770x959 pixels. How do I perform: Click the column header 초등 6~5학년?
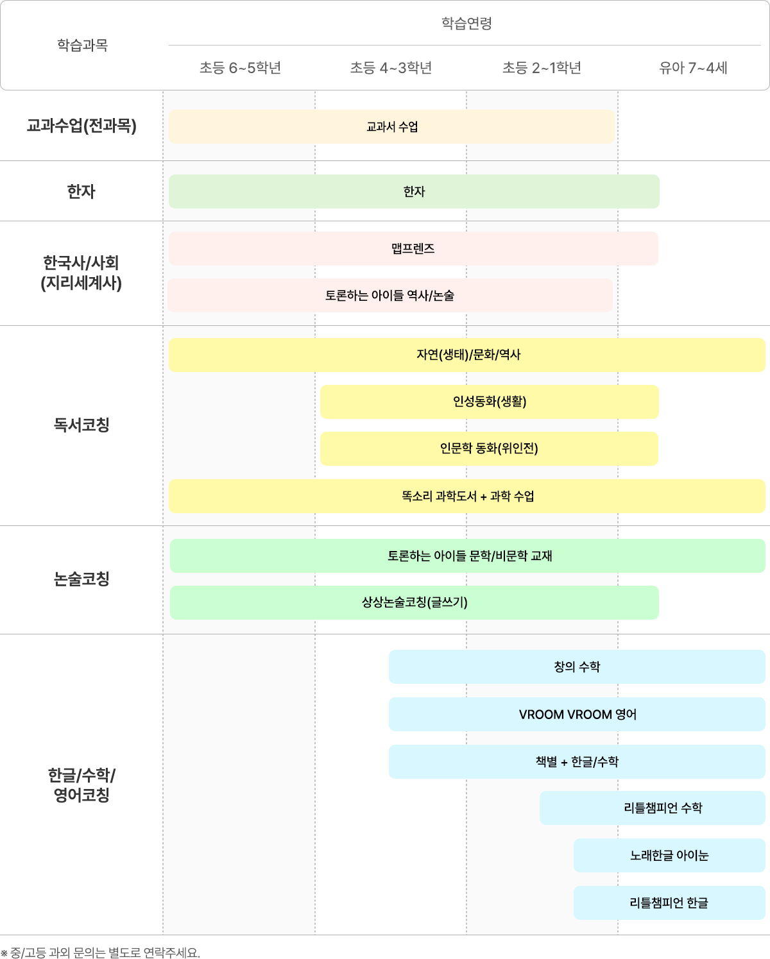point(240,68)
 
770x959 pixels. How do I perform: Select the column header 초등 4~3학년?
point(391,68)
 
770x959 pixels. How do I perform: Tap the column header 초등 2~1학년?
point(542,68)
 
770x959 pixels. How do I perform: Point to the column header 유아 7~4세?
point(693,68)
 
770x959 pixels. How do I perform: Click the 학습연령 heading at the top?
point(467,23)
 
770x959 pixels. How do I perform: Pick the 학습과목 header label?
point(83,45)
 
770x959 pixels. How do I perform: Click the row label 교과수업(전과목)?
point(81,126)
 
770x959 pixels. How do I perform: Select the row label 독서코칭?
point(81,424)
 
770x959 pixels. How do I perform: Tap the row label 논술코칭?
point(81,579)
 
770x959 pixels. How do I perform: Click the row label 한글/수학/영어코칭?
point(81,785)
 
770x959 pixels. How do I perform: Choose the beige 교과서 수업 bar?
point(391,126)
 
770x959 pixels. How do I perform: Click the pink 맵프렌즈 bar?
point(413,249)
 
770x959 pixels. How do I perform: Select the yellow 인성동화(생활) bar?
point(489,402)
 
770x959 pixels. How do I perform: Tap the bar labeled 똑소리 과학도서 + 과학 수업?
point(467,496)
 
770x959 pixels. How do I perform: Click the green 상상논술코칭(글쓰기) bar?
point(415,602)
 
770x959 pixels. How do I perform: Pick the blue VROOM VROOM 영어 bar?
point(577,715)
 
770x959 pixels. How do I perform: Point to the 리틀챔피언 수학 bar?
point(653,808)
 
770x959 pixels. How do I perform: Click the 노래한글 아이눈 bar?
point(669,855)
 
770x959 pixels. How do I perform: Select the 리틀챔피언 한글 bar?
point(669,903)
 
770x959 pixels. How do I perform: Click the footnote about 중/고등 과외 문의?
point(100,953)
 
